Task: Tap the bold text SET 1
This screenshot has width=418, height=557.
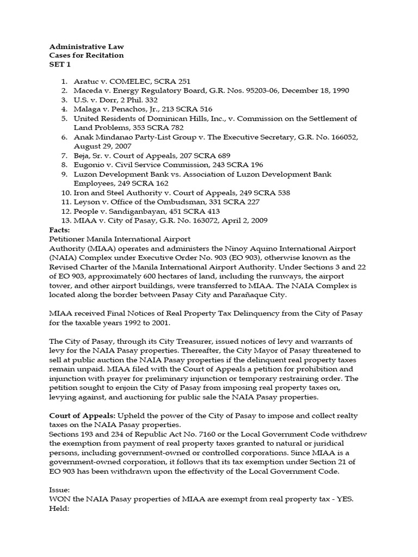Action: pyautogui.click(x=57, y=64)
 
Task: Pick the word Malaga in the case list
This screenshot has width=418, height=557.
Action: pyautogui.click(x=87, y=109)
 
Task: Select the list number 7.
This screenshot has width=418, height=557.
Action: pyautogui.click(x=64, y=156)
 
